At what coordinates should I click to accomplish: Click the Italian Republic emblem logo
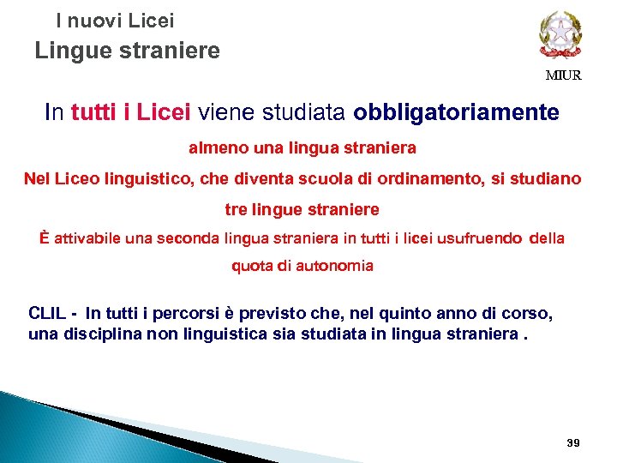[560, 35]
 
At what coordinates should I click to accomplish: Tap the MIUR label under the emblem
[564, 75]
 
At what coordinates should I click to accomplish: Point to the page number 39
[573, 442]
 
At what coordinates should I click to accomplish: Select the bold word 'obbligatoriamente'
[456, 113]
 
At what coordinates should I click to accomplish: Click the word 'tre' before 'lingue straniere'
[236, 209]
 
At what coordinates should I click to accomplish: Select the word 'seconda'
[190, 238]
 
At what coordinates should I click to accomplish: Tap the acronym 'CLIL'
[47, 313]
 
